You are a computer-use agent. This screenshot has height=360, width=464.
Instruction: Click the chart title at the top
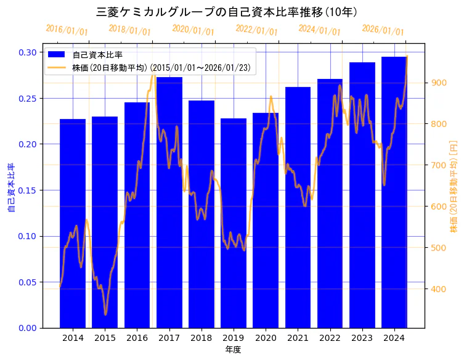pos(227,12)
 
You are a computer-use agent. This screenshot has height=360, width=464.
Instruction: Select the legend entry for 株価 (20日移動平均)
pos(161,68)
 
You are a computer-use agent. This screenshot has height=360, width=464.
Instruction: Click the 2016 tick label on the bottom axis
pos(137,338)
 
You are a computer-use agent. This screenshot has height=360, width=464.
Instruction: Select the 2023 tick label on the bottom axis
pos(362,338)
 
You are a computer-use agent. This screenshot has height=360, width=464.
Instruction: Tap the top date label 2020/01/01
pos(193,30)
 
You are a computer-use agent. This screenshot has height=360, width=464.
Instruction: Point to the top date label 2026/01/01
pos(383,30)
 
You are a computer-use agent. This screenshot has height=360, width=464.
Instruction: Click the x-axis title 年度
pos(233,350)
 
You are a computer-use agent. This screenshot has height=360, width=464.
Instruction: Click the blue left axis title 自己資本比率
pos(10,188)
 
